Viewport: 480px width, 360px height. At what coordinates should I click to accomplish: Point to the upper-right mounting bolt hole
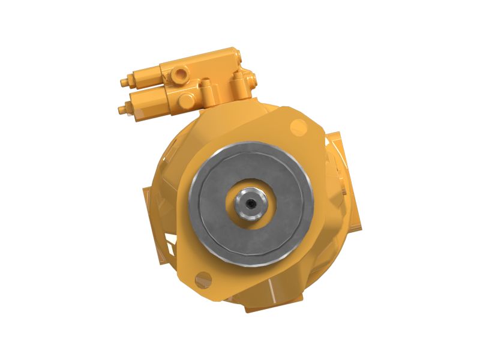pos(298,125)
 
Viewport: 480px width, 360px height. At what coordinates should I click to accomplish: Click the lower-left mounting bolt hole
pos(204,278)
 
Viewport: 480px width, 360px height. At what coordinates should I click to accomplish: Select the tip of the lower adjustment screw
pos(122,109)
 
